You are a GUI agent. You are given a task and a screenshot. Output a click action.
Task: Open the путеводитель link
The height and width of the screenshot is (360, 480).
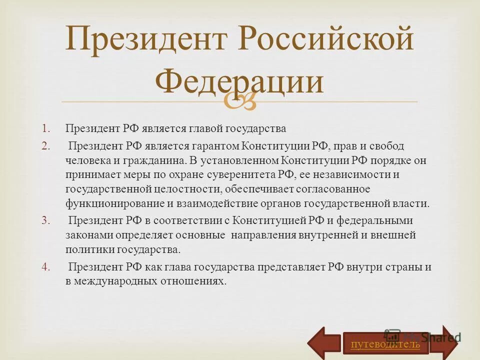(385, 344)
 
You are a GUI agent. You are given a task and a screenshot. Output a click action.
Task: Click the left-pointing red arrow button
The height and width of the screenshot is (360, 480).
(324, 343)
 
